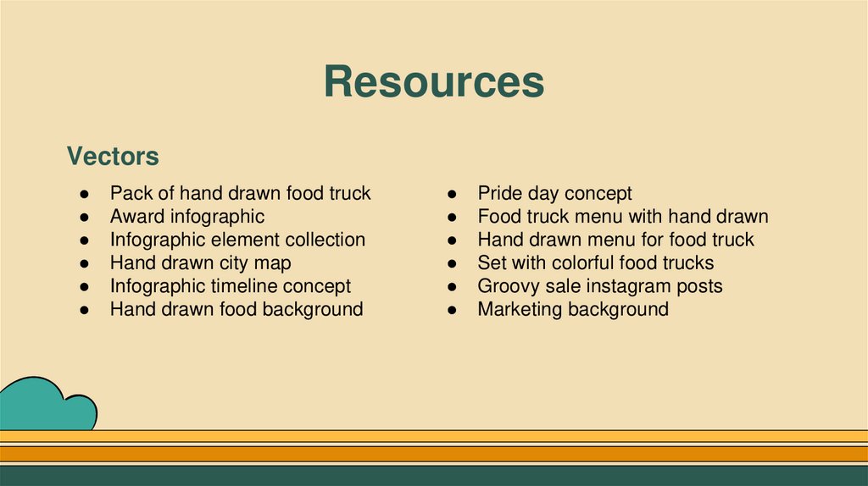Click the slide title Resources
coord(433,83)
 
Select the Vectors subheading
coord(113,157)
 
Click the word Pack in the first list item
coord(130,194)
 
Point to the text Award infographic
coord(186,217)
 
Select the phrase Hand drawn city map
coord(200,263)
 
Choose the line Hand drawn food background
coord(236,309)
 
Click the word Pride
coord(501,194)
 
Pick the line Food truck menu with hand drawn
coord(622,217)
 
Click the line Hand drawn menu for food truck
coord(615,240)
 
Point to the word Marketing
coord(520,309)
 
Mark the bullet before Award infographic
coord(86,218)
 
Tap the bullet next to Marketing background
coord(454,310)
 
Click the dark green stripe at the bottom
coord(434,476)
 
